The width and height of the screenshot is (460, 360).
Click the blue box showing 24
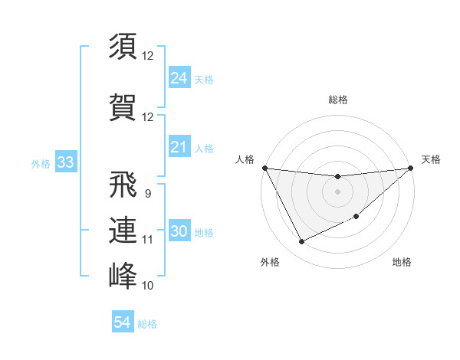coord(179,78)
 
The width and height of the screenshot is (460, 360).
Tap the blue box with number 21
coord(179,148)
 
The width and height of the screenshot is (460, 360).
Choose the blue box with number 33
coord(65,163)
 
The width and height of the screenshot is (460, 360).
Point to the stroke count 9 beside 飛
coord(147,194)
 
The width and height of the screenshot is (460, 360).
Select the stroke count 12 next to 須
coord(147,56)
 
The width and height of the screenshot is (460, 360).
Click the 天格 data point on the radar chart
coord(412,169)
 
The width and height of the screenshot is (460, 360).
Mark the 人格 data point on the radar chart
coord(264,168)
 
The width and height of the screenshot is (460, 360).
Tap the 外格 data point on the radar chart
coord(301,242)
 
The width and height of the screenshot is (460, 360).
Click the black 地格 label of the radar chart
coord(402,262)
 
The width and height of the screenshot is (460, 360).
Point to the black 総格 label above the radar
coord(338,100)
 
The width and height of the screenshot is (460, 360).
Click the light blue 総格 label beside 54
coord(147,324)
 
